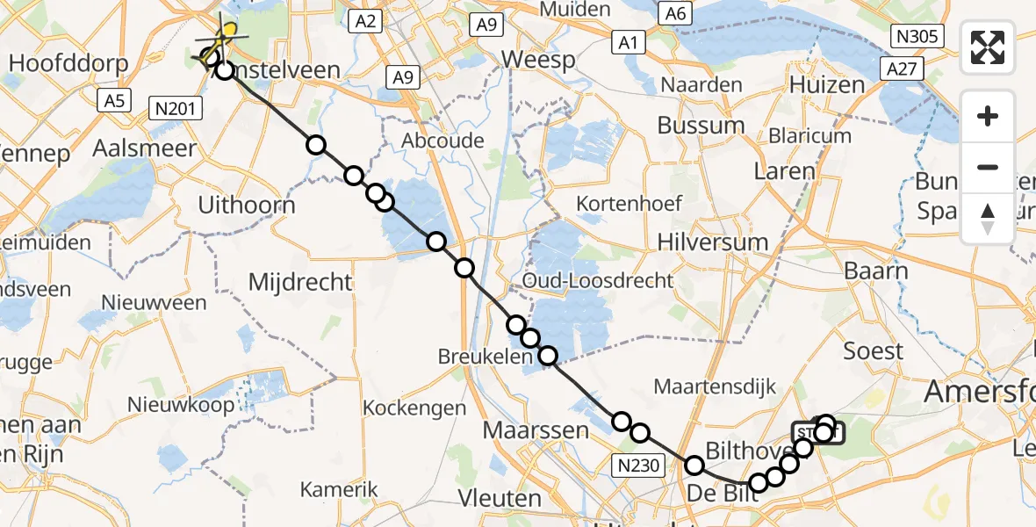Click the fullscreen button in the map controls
click(x=988, y=47)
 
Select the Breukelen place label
click(x=486, y=357)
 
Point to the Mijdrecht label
click(x=300, y=282)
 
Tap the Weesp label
click(x=539, y=60)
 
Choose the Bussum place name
click(x=701, y=125)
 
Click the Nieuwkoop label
click(x=181, y=405)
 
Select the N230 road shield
click(x=640, y=466)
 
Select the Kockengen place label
click(x=414, y=408)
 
